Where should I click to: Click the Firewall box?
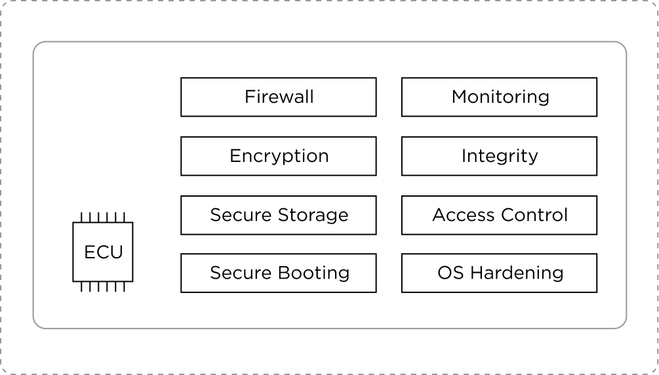(278, 97)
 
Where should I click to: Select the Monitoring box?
(499, 97)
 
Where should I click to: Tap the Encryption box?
(278, 156)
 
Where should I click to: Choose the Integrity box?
(499, 156)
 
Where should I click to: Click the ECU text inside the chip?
(103, 252)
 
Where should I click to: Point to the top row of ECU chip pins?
(103, 217)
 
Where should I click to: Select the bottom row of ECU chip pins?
(103, 287)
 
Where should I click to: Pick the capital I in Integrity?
(464, 156)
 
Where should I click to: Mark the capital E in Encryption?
(234, 156)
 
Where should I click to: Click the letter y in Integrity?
(533, 158)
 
